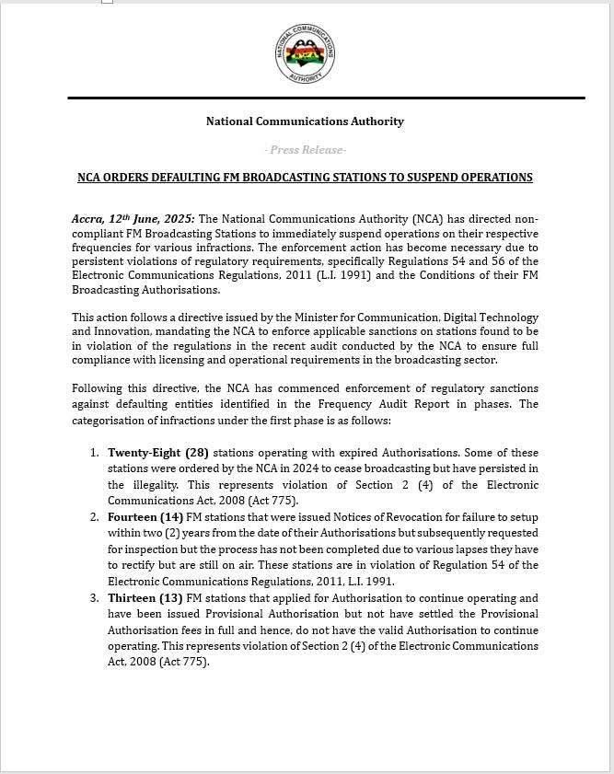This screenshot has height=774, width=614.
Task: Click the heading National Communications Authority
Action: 305,121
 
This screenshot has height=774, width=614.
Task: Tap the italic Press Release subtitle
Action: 305,150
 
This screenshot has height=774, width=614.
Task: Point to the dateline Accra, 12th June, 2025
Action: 133,219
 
